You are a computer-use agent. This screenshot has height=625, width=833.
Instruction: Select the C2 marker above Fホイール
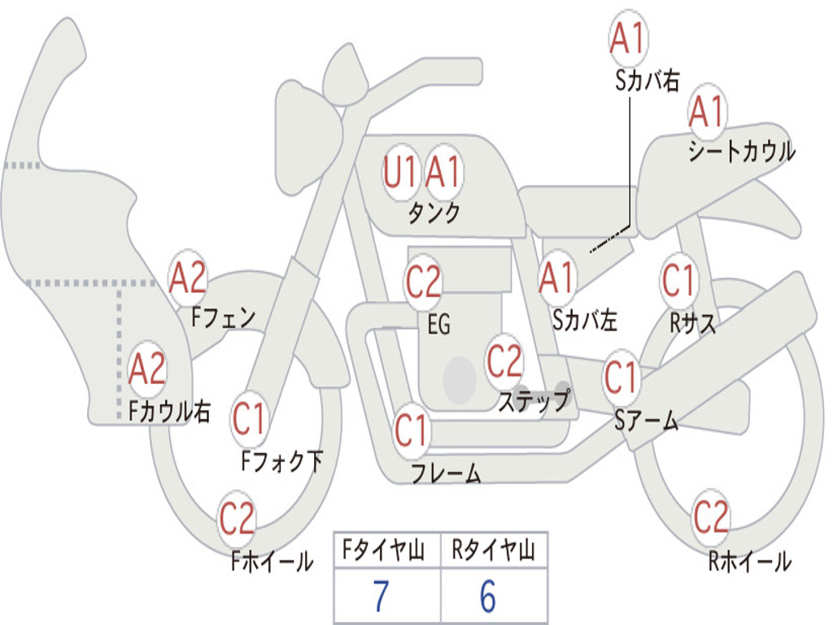[x=237, y=519]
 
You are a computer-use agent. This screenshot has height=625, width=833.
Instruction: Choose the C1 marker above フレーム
[x=411, y=431]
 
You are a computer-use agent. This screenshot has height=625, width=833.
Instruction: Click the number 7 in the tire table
[x=381, y=597]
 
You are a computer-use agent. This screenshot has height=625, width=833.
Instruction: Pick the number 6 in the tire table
[x=487, y=597]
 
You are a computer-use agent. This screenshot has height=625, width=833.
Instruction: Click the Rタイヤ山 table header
[x=493, y=551]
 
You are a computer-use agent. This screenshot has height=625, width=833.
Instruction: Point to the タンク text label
[x=434, y=213]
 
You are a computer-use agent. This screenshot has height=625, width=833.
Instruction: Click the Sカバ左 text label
[x=585, y=321]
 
